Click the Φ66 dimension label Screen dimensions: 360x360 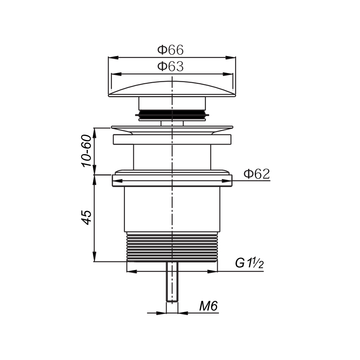(170, 50)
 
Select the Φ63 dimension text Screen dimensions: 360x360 (170, 67)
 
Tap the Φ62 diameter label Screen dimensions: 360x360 (257, 174)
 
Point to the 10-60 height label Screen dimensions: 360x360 (86, 151)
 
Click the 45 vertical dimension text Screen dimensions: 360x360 (86, 217)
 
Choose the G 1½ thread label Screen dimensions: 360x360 (249, 263)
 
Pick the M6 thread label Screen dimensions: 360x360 (208, 306)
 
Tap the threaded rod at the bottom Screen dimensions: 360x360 (172, 282)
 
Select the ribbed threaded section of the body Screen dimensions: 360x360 (172, 247)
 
